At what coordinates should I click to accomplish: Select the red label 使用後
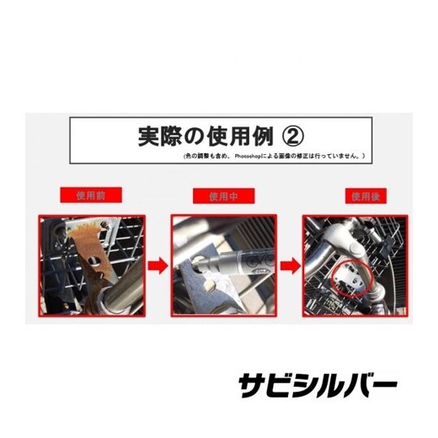tap(360, 195)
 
